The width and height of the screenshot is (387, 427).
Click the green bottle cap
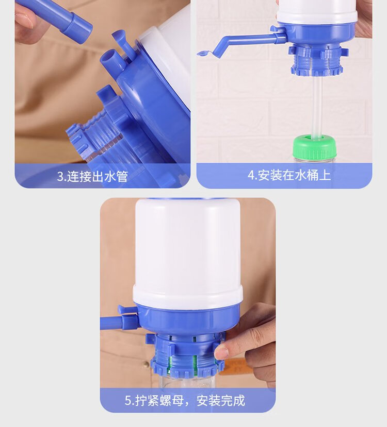tap(314, 148)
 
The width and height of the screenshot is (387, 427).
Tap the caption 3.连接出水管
tap(92, 176)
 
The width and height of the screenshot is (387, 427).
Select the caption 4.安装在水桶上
tap(289, 175)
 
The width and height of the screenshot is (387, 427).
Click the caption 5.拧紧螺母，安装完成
tap(185, 401)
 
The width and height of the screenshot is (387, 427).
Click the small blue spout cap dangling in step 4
tap(204, 54)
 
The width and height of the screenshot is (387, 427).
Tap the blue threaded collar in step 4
tap(316, 61)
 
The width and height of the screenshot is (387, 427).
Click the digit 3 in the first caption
tap(60, 177)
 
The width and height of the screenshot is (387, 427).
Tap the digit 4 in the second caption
tap(251, 175)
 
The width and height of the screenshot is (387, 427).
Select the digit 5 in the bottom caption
tap(128, 401)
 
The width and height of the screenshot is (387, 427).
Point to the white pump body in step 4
tap(317, 13)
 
